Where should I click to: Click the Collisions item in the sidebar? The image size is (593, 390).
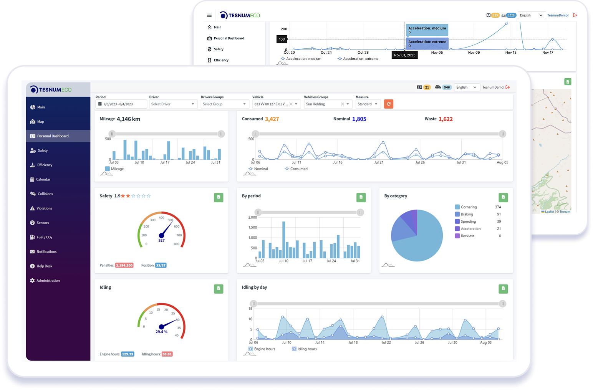pyautogui.click(x=45, y=194)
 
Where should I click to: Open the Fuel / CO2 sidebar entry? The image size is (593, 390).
pyautogui.click(x=44, y=237)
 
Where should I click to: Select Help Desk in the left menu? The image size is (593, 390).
pyautogui.click(x=44, y=266)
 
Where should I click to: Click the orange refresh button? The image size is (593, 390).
pyautogui.click(x=389, y=104)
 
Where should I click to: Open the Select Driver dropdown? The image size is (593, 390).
pyautogui.click(x=173, y=104)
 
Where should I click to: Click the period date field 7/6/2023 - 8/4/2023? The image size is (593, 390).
pyautogui.click(x=121, y=104)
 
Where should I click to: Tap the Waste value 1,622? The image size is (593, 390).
pyautogui.click(x=446, y=119)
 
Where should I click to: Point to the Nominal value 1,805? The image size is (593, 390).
pyautogui.click(x=359, y=119)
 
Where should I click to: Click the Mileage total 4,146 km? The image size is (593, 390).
pyautogui.click(x=128, y=119)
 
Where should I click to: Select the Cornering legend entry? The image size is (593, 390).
pyautogui.click(x=469, y=207)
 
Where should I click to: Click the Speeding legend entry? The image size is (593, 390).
pyautogui.click(x=468, y=221)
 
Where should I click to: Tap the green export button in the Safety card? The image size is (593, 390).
pyautogui.click(x=219, y=197)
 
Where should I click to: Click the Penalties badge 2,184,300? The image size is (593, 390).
pyautogui.click(x=124, y=265)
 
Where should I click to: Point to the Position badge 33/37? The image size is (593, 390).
pyautogui.click(x=161, y=265)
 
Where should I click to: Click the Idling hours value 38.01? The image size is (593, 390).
pyautogui.click(x=167, y=354)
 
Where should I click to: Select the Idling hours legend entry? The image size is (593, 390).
pyautogui.click(x=307, y=349)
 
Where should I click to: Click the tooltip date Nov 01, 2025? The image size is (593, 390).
pyautogui.click(x=404, y=55)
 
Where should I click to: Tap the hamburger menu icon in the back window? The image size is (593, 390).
pyautogui.click(x=209, y=15)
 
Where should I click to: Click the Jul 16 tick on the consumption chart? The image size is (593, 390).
pyautogui.click(x=338, y=162)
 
